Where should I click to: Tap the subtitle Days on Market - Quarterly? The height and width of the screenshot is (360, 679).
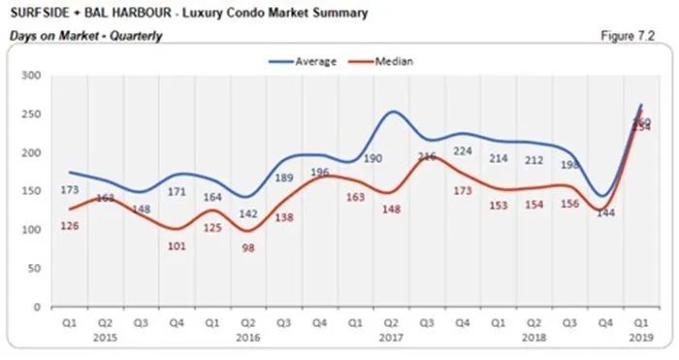(85, 36)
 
